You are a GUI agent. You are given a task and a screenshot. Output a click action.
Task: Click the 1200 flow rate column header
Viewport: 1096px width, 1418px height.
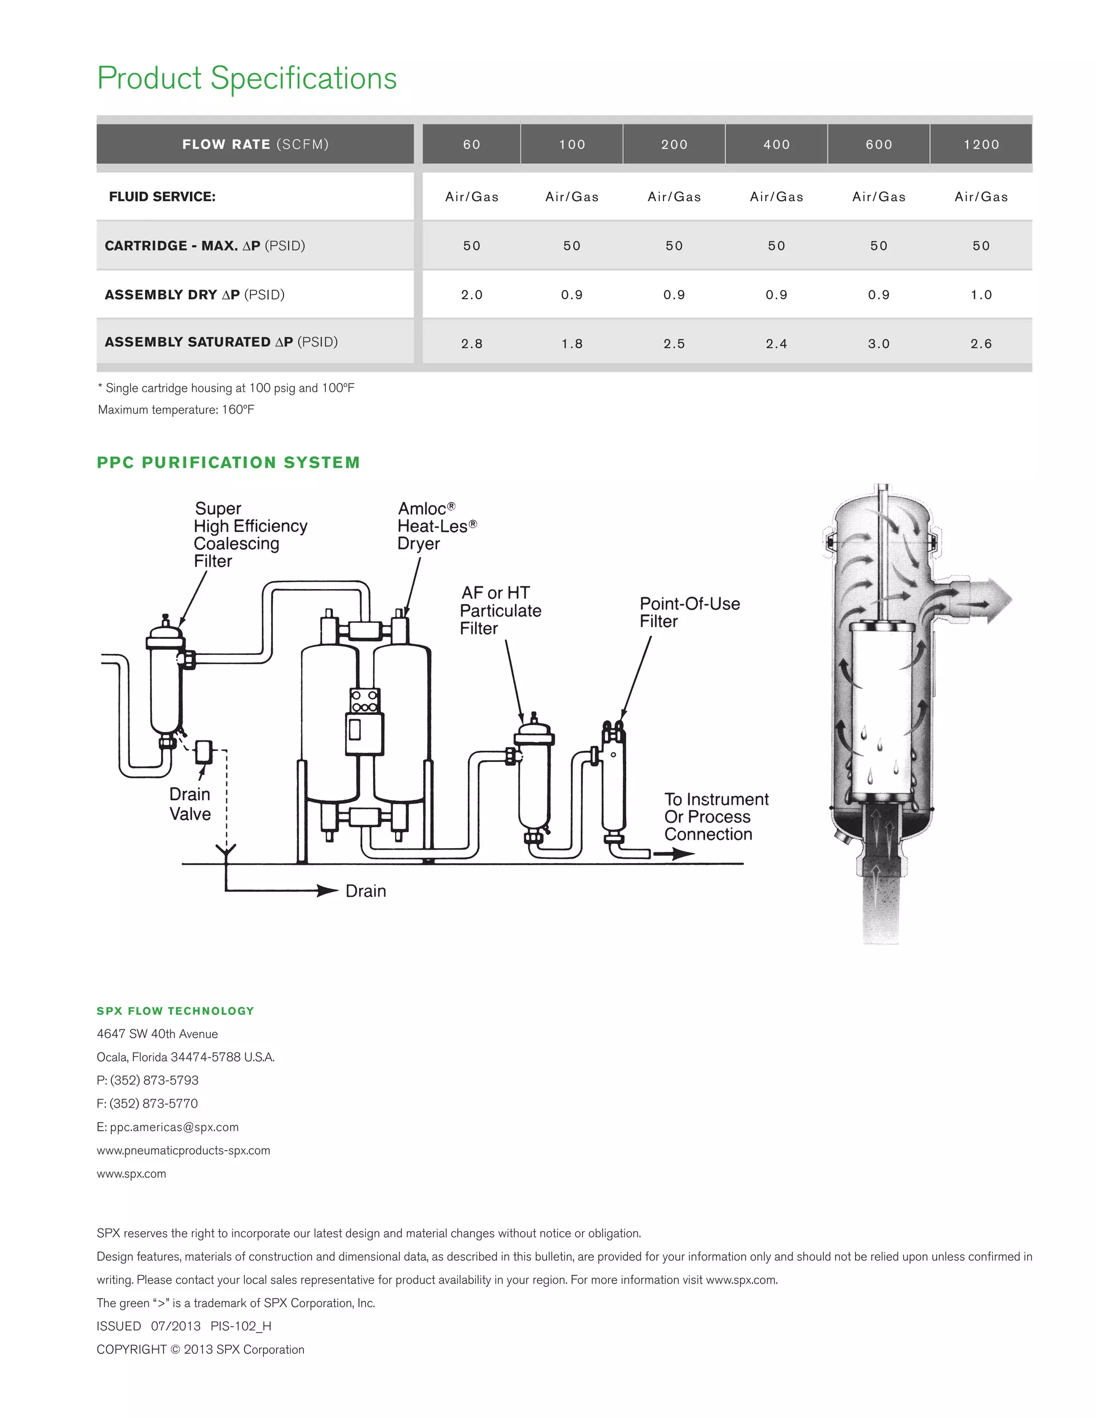pos(981,144)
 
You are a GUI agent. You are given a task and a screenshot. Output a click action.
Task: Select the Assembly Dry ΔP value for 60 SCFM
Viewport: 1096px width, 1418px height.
pos(472,295)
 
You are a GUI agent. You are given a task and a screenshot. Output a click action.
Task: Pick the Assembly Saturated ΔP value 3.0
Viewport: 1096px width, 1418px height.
pos(879,344)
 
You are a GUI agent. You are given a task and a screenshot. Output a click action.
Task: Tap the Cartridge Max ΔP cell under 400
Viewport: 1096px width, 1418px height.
pos(777,246)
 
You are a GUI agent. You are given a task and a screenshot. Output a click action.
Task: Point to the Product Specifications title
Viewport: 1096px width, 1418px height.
pos(247,78)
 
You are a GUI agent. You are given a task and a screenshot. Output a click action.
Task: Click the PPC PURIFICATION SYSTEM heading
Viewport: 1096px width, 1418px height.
pos(229,462)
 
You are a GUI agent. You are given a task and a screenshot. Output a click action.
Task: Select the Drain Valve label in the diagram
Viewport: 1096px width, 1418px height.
pos(189,804)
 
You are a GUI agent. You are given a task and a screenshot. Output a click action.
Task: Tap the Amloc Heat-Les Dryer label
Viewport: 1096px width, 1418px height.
pos(436,526)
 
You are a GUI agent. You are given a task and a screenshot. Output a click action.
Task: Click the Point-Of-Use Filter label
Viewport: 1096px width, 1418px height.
pos(689,612)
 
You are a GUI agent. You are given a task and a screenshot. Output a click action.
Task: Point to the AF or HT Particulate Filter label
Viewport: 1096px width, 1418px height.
pos(500,611)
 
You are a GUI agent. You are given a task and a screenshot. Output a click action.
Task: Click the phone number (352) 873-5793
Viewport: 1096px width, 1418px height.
pos(154,1080)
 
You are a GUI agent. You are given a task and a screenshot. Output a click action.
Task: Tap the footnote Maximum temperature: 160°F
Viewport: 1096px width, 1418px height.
pos(176,410)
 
